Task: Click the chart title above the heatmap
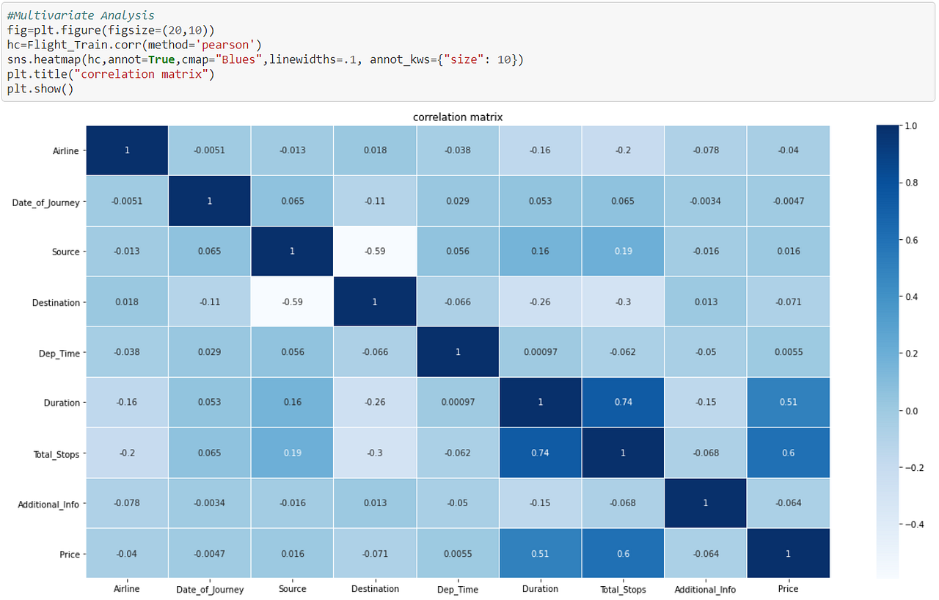[x=457, y=117]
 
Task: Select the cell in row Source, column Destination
[x=375, y=252]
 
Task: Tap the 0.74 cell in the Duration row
[x=623, y=403]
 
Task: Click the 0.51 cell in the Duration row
[x=789, y=403]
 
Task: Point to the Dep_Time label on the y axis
[x=59, y=353]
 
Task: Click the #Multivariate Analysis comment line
[x=81, y=15]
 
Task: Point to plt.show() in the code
[x=40, y=89]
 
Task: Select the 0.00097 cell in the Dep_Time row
[x=541, y=353]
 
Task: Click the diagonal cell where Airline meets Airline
[x=127, y=150]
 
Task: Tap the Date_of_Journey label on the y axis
[x=46, y=202]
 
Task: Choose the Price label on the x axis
[x=788, y=589]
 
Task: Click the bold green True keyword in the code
[x=161, y=59]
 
